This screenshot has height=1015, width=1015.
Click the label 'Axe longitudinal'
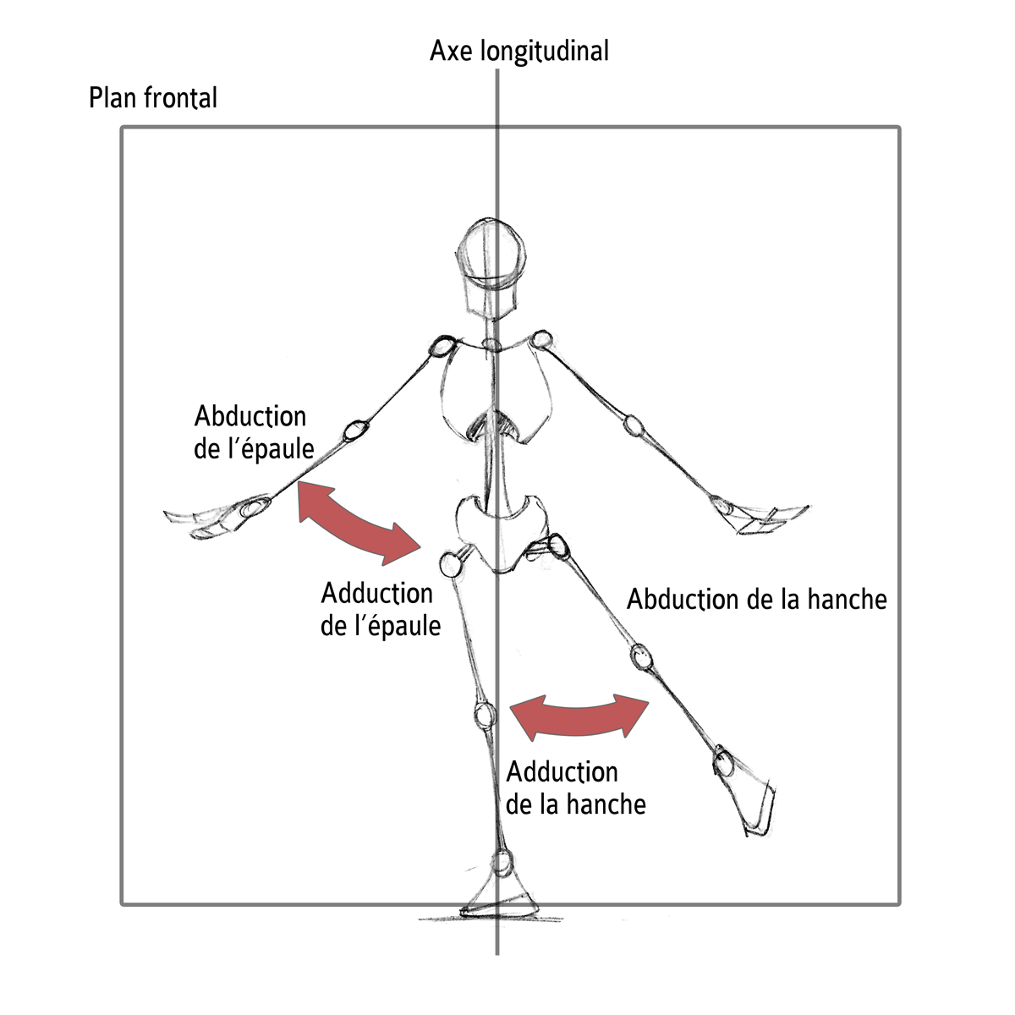point(518,51)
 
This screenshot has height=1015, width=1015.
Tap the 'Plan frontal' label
point(153,98)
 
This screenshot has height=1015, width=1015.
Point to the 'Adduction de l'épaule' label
point(380,609)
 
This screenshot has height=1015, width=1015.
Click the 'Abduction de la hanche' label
point(756,600)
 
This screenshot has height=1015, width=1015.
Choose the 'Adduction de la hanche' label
point(575,787)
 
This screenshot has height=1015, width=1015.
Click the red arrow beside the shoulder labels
point(359,522)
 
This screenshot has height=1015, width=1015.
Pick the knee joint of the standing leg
point(484,715)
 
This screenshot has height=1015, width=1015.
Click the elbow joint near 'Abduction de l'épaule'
point(357,429)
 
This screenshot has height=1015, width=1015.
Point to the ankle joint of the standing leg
point(502,864)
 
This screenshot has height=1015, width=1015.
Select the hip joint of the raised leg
point(557,546)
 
